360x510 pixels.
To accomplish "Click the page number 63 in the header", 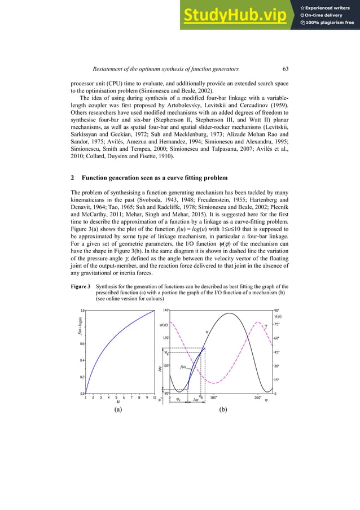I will [x=285, y=69].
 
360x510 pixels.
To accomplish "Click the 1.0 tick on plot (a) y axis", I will [x=82, y=310].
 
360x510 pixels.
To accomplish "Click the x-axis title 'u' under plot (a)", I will [x=118, y=403].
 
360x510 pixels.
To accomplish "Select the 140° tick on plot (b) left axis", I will [x=165, y=310].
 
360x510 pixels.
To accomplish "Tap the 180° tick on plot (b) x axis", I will [x=213, y=398].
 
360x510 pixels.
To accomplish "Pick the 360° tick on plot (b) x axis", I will [x=258, y=398].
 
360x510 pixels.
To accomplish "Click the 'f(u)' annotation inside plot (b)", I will [x=183, y=367].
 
